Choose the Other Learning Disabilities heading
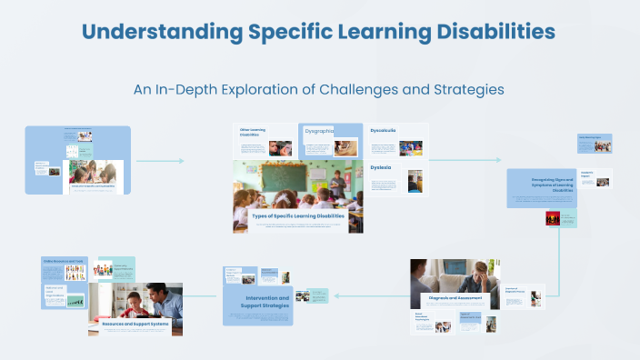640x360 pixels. pyautogui.click(x=253, y=133)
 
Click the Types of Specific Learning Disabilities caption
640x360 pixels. pyautogui.click(x=298, y=216)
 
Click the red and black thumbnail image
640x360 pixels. pyautogui.click(x=551, y=218)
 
